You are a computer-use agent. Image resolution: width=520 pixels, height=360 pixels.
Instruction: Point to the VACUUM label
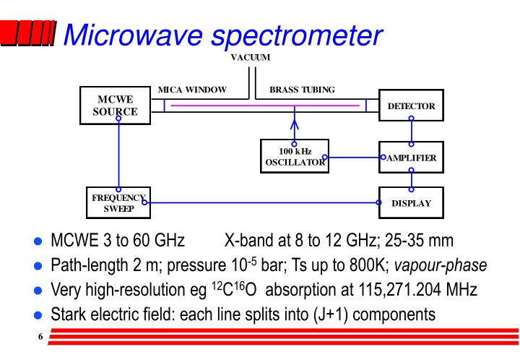click(x=250, y=59)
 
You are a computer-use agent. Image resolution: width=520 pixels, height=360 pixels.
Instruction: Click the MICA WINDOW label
click(x=192, y=90)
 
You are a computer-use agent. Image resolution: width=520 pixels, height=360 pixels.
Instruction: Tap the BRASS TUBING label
click(x=302, y=90)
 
